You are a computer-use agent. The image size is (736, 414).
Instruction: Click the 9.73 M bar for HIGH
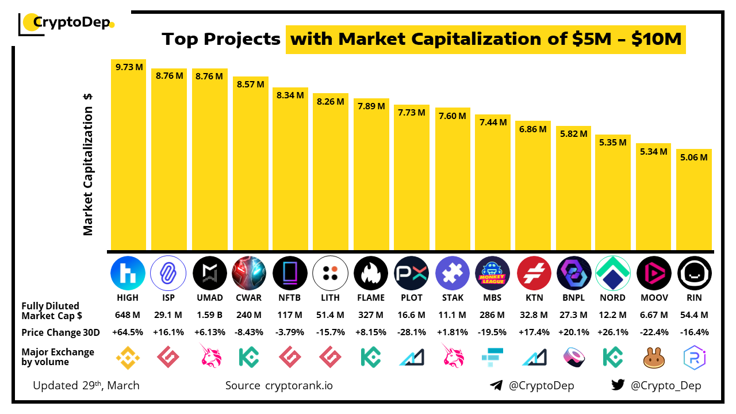128,155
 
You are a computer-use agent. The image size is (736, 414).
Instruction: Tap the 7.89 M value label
371,107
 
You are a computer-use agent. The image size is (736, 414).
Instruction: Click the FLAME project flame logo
371,273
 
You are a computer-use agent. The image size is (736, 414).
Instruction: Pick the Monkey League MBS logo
492,273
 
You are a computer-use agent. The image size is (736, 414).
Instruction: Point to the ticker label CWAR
249,298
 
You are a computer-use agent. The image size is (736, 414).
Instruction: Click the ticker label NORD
612,298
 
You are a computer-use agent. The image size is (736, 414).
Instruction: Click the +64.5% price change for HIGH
128,332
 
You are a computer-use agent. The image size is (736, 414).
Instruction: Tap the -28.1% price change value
412,332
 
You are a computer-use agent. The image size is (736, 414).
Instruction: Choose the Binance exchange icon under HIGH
128,357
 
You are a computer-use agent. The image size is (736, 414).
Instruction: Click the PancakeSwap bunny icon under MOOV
653,357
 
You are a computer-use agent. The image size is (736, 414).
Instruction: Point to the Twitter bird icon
618,385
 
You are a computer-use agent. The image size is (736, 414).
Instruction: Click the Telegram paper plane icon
496,385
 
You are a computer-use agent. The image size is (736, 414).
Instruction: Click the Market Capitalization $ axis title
88,164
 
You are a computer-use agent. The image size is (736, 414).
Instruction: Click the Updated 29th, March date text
86,385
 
